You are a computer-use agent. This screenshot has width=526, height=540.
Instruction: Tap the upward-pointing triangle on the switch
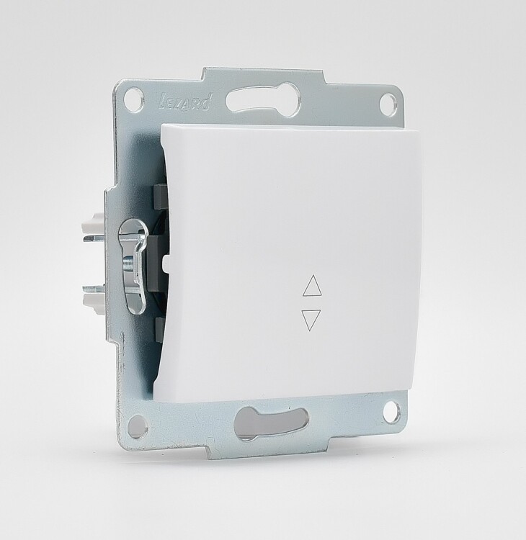coord(311,286)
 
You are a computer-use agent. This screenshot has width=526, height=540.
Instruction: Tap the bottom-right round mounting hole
coord(392,410)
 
